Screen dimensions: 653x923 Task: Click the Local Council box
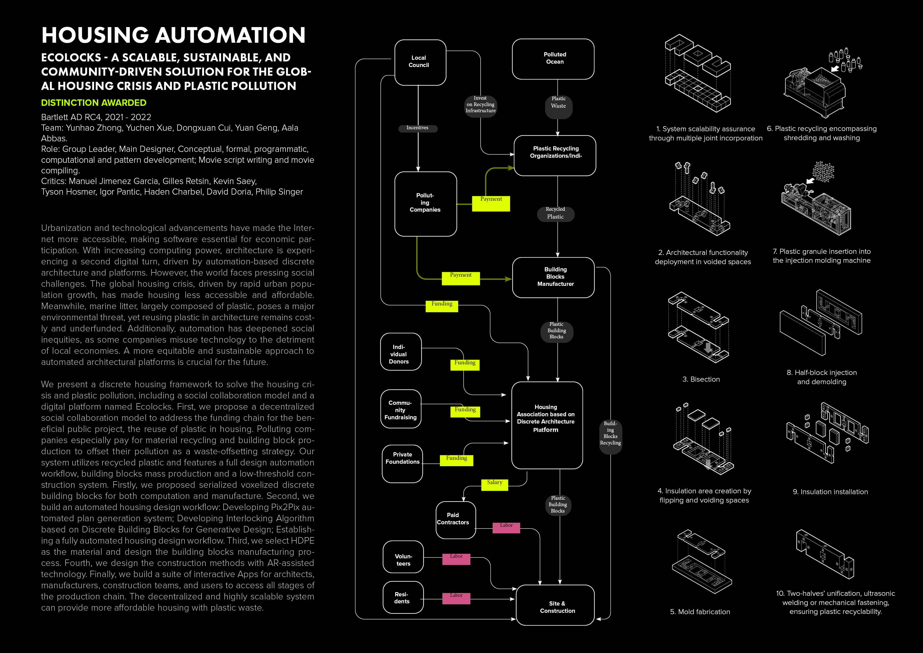point(420,62)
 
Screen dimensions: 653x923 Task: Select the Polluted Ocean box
point(553,59)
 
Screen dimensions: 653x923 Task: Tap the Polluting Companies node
point(425,204)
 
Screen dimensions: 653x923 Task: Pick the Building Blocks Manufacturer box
point(553,277)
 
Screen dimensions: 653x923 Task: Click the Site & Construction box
point(555,605)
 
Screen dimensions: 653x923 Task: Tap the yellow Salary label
point(495,484)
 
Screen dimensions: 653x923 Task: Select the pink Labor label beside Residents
point(456,598)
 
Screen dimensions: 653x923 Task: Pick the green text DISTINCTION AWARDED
point(94,103)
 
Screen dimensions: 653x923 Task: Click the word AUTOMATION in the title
point(230,35)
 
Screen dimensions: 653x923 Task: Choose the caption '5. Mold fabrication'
point(700,612)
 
